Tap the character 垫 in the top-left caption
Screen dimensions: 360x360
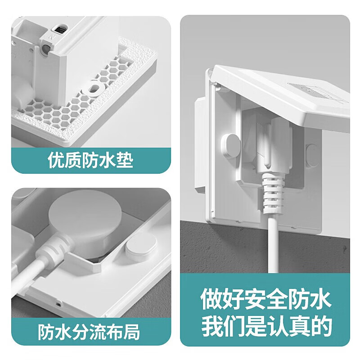pos(124,161)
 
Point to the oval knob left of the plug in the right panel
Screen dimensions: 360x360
pos(230,145)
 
